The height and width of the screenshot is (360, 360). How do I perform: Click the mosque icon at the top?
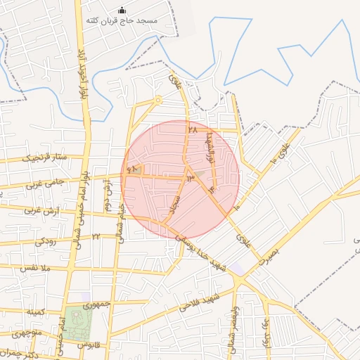click(122, 10)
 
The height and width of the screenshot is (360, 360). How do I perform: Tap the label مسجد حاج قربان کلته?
click(122, 22)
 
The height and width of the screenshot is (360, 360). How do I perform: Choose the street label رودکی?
click(48, 240)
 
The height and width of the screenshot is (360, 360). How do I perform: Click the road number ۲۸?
click(193, 131)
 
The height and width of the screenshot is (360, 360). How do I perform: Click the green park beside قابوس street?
click(78, 323)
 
